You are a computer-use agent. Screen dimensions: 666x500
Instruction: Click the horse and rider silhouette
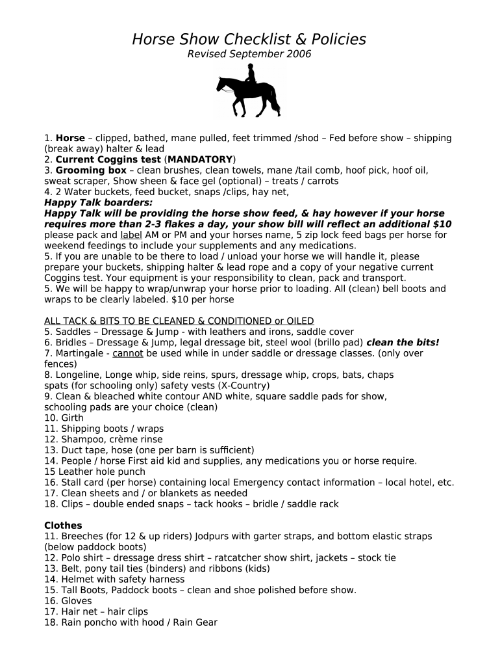[x=249, y=92]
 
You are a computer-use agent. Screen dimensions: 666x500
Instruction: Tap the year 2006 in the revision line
[x=298, y=55]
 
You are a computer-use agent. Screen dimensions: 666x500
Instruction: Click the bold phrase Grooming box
[x=91, y=170]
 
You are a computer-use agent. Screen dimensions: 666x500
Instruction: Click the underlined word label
[x=131, y=235]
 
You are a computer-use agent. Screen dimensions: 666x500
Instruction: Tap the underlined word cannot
[x=128, y=353]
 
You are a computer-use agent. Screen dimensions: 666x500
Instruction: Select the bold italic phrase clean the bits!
[x=403, y=343]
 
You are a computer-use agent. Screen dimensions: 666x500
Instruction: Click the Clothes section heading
[x=63, y=526]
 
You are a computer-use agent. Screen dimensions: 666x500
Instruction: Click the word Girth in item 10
[x=72, y=418]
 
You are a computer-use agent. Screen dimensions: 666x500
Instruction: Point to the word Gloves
[x=77, y=601]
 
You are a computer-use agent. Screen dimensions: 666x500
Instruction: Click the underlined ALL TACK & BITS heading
[x=179, y=321]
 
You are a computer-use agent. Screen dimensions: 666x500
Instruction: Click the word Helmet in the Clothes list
[x=78, y=579]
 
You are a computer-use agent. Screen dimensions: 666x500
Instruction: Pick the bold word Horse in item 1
[x=70, y=138]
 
